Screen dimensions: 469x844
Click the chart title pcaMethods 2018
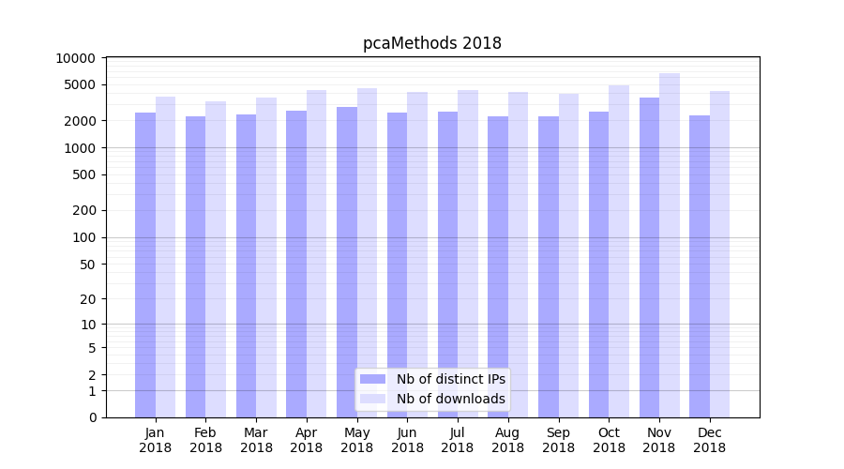point(432,43)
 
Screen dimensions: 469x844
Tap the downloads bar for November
point(670,245)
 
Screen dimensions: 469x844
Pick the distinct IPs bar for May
point(347,262)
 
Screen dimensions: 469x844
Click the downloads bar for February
point(216,259)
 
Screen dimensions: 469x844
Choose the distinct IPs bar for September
point(549,266)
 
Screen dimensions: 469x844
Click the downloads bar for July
point(468,253)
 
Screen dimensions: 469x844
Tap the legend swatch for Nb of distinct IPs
point(372,379)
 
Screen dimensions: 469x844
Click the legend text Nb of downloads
point(450,399)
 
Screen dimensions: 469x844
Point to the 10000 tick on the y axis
point(75,58)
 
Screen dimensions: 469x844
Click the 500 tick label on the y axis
point(83,174)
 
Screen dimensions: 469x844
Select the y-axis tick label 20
point(87,299)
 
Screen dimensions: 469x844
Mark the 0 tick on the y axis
point(92,417)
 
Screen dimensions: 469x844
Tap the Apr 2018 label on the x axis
point(307,440)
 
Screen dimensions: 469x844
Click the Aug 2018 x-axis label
point(508,440)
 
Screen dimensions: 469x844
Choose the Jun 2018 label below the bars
point(407,440)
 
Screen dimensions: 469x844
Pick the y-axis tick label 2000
point(79,121)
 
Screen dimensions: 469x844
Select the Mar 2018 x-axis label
point(256,440)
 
